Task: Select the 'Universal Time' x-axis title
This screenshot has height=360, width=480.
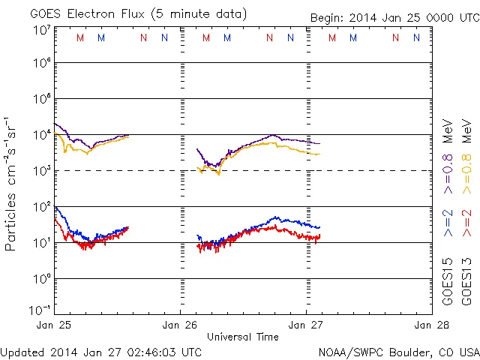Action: coord(243,337)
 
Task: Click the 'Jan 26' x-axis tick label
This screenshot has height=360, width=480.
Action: coord(181,326)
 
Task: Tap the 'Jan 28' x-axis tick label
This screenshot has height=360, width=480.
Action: coord(430,326)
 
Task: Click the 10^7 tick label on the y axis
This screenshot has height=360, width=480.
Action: coord(41,29)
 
